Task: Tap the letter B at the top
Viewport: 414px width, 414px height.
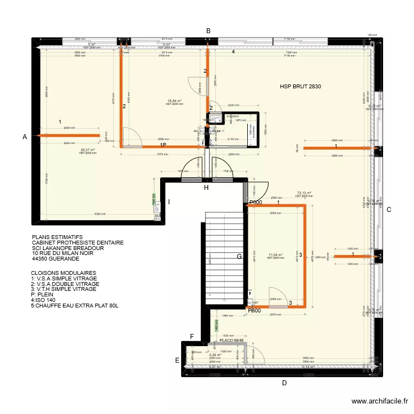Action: click(x=208, y=31)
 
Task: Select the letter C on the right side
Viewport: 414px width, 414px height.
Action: click(x=389, y=209)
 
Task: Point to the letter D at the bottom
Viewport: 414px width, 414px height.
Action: click(x=284, y=383)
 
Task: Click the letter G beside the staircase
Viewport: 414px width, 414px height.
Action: click(x=239, y=256)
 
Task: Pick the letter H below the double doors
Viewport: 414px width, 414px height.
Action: click(x=206, y=188)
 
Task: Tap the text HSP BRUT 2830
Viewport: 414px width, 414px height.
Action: click(x=300, y=87)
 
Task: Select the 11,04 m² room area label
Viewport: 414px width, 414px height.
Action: click(x=275, y=255)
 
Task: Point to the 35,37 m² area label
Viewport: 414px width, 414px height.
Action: click(x=88, y=150)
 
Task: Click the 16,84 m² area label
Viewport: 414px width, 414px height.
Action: click(x=174, y=101)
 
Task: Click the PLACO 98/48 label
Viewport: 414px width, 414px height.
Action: click(x=231, y=341)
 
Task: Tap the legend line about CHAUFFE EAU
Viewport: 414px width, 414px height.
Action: click(x=75, y=305)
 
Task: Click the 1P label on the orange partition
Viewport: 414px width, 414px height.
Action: click(x=163, y=145)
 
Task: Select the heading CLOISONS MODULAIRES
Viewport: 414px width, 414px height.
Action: click(x=63, y=273)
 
